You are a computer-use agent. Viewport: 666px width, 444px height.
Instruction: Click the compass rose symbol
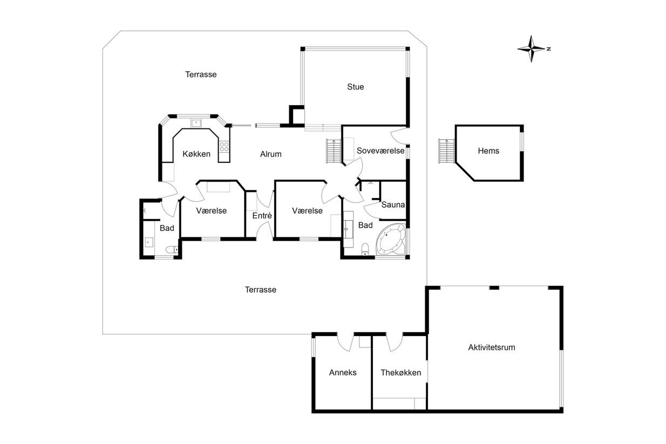(x=532, y=49)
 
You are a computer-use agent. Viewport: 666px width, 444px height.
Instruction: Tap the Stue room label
(x=355, y=87)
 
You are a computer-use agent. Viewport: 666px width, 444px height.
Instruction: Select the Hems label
(x=488, y=151)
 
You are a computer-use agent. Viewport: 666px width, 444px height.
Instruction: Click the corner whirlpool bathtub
(x=391, y=239)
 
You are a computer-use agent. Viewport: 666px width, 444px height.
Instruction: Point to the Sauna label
(x=393, y=205)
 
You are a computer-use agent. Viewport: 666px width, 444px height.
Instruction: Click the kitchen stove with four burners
(x=224, y=147)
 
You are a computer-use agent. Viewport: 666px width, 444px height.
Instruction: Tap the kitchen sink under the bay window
(x=196, y=122)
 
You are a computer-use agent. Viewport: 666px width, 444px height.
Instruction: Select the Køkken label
(x=196, y=154)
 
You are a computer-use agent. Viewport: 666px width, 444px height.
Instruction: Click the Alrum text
(x=270, y=154)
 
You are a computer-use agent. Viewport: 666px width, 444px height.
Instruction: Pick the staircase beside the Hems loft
(x=446, y=151)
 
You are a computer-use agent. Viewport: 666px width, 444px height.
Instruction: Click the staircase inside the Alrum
(x=334, y=151)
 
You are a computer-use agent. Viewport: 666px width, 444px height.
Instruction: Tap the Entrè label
(x=262, y=215)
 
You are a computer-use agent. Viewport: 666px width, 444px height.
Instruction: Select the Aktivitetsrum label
(x=492, y=347)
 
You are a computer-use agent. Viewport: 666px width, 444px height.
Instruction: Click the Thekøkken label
(x=401, y=373)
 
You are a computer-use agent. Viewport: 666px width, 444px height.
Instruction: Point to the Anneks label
(x=343, y=373)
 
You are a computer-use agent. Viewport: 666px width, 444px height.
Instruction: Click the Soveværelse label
(x=380, y=151)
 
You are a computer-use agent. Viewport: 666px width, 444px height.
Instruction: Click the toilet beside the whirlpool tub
(x=365, y=249)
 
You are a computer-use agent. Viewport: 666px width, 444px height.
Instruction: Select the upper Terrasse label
(x=201, y=74)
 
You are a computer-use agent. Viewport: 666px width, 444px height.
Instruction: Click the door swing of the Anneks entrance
(x=345, y=343)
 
